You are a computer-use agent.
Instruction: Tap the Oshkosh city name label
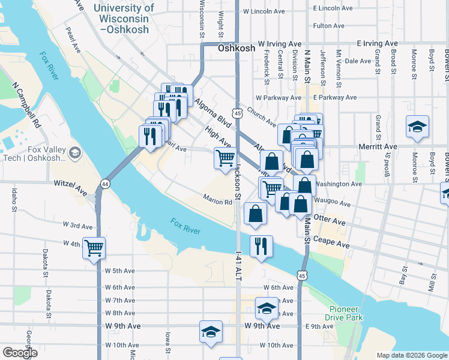[237, 49]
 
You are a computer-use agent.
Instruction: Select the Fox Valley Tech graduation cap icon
[75, 152]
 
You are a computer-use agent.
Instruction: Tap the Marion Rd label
[217, 202]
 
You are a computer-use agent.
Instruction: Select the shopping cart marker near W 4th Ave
[94, 247]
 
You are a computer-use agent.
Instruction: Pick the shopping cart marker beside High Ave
[225, 158]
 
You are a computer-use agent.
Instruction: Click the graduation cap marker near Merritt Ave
[417, 127]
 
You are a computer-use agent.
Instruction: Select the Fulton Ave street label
[328, 26]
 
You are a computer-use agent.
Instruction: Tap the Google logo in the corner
[19, 353]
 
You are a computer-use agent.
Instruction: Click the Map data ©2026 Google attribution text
[412, 355]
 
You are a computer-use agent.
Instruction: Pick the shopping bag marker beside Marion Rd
[256, 214]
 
